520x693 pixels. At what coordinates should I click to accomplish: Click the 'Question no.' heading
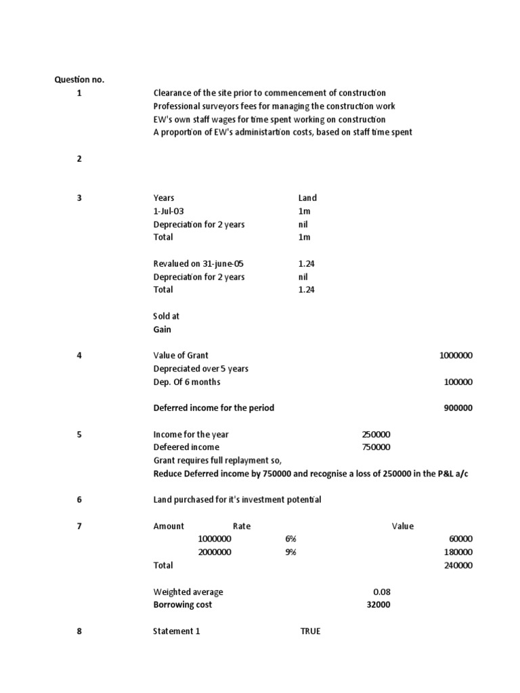point(79,80)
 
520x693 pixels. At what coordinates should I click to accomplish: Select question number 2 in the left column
point(79,159)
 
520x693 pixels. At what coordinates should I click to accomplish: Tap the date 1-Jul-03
point(169,211)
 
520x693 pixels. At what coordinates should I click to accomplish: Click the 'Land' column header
point(307,198)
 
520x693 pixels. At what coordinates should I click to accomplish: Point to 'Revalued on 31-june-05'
point(199,264)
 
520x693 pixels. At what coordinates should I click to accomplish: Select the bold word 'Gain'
point(162,330)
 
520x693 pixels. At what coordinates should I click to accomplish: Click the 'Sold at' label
point(167,316)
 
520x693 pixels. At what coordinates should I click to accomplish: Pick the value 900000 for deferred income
point(458,408)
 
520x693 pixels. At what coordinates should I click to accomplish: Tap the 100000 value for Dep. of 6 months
point(458,382)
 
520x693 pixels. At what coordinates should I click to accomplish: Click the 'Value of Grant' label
point(181,355)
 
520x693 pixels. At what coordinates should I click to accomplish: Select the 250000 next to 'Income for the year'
point(376,434)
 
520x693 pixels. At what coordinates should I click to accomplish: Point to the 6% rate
point(291,539)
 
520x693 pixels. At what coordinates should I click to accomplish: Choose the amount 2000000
point(215,552)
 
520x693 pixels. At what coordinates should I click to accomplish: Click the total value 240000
point(458,565)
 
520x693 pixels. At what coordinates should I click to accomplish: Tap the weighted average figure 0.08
point(381,591)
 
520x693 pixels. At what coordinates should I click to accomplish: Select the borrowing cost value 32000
point(378,605)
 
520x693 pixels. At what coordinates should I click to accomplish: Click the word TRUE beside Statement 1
point(311,631)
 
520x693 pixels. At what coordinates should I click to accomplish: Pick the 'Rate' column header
point(242,526)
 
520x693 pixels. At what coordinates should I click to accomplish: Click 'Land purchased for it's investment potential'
point(237,500)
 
